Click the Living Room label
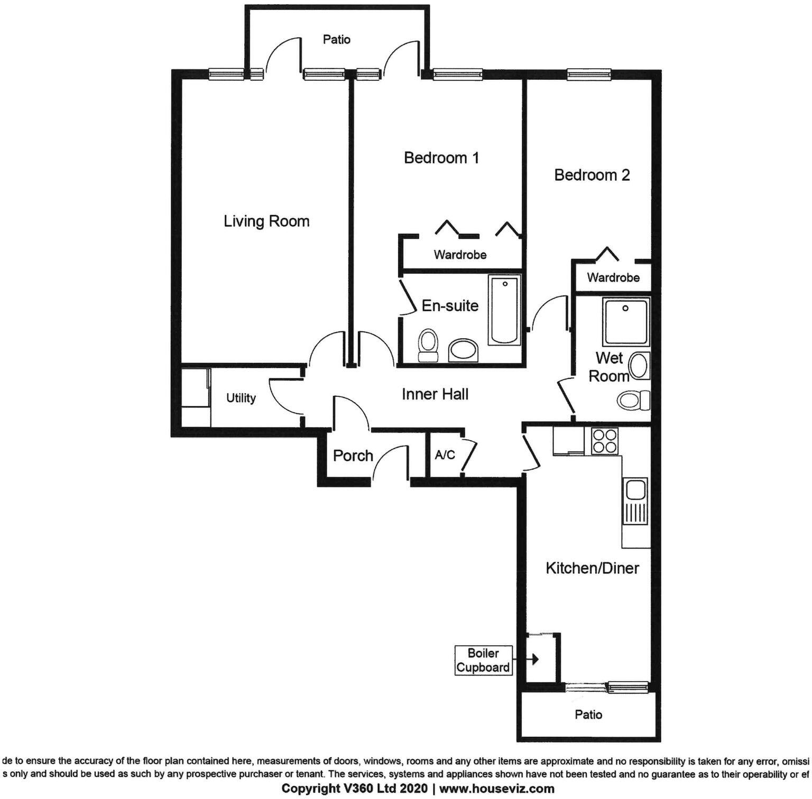click(266, 221)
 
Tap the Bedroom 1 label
click(441, 158)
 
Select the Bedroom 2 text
click(592, 175)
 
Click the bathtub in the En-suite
click(505, 310)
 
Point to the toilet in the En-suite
click(428, 346)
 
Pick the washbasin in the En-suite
click(463, 351)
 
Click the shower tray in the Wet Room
click(626, 322)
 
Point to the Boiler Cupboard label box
click(483, 660)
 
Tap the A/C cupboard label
click(445, 454)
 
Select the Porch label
click(353, 456)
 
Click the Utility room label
click(241, 398)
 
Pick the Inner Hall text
click(435, 394)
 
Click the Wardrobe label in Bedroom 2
click(613, 277)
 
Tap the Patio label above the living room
click(337, 40)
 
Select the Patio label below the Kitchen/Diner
click(588, 714)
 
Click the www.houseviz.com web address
click(497, 788)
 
